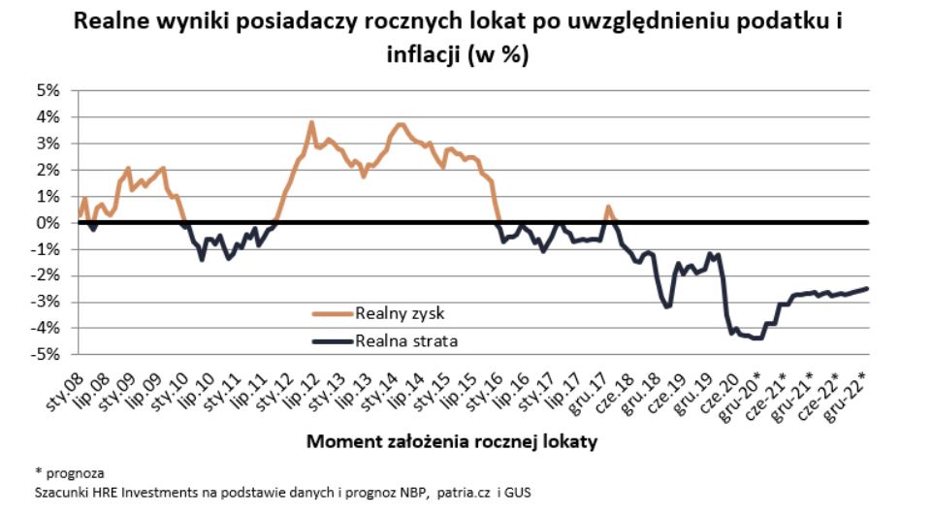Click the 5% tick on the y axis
(48, 90)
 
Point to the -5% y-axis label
(46, 354)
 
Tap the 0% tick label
(48, 222)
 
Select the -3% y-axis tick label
(46, 302)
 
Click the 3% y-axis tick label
(48, 144)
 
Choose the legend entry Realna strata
(405, 340)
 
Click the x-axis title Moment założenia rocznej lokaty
(451, 442)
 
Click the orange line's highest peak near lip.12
(311, 122)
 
